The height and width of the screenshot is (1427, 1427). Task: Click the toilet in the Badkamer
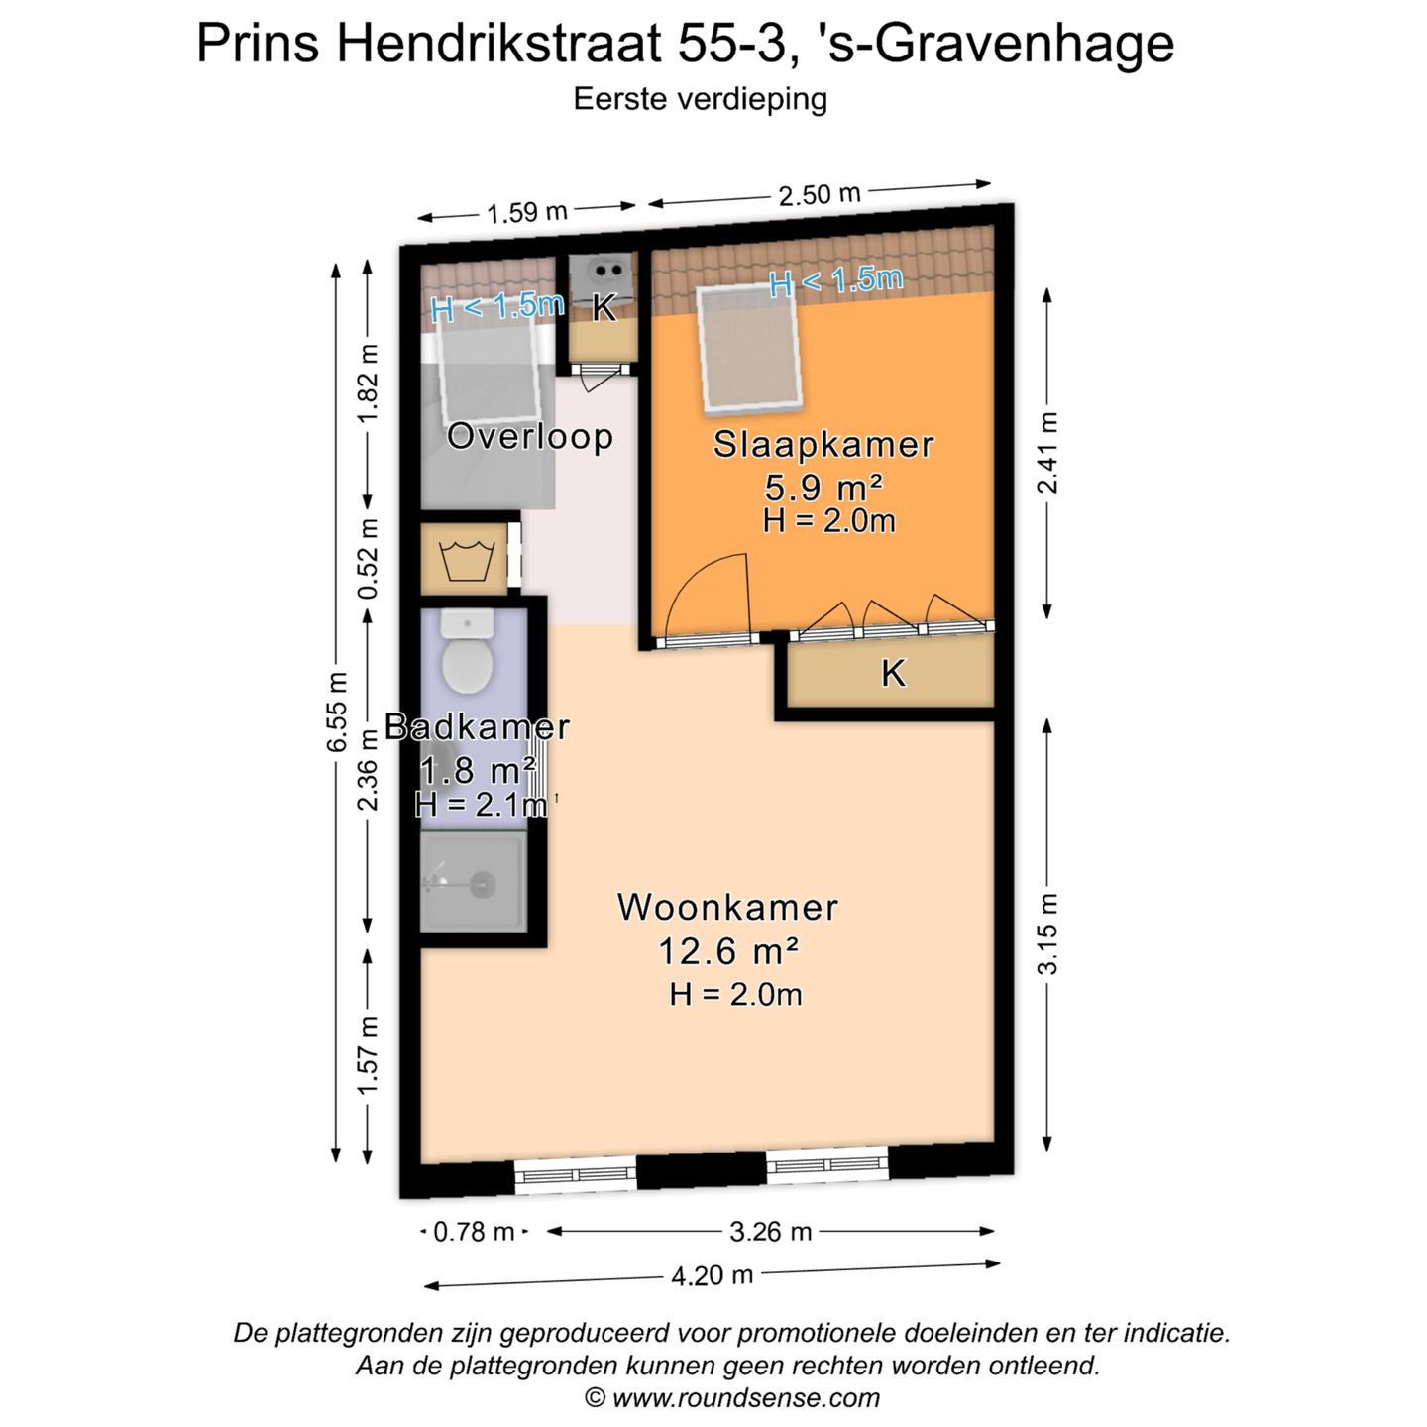point(467,655)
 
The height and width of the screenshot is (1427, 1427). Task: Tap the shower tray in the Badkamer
point(474,881)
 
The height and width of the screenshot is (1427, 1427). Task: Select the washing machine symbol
point(466,561)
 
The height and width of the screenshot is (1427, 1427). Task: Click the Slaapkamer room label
point(823,444)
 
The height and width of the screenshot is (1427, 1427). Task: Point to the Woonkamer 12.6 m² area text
point(728,951)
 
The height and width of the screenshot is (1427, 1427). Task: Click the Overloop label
point(529,436)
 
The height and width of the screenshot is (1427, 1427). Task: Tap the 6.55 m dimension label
point(338,711)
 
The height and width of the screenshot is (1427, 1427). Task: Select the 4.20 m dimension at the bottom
point(712,1275)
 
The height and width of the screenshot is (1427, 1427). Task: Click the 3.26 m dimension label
point(770,1232)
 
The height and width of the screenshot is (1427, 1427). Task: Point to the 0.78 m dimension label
point(474,1232)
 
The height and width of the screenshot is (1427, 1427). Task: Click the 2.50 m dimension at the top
point(819,194)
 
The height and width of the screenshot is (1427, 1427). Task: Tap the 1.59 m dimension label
point(526,212)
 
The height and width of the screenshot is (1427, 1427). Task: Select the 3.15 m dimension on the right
point(1048,933)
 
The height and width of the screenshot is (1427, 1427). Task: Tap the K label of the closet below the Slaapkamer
point(893,674)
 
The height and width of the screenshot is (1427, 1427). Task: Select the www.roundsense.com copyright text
point(732,1398)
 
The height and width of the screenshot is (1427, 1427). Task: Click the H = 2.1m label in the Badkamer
point(481,804)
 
